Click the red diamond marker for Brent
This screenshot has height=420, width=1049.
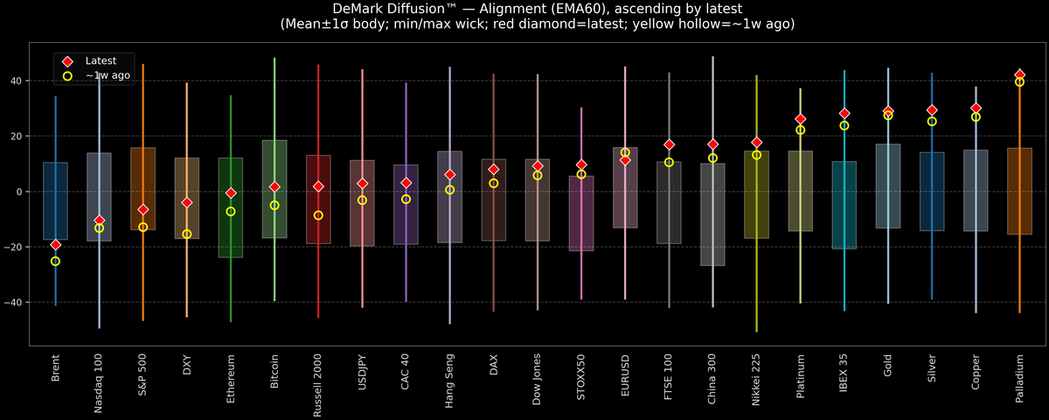[55, 245]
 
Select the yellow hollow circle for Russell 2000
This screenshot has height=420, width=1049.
[318, 215]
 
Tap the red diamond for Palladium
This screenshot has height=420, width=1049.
[1019, 74]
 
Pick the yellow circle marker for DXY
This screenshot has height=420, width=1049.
[187, 234]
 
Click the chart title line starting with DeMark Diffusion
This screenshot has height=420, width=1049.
[524, 9]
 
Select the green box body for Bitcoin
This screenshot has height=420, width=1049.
[274, 189]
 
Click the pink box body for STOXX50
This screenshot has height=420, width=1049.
[581, 213]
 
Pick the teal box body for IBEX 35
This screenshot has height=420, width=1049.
[844, 206]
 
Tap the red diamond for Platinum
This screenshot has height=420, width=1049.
[801, 119]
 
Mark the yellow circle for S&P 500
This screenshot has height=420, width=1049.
[142, 227]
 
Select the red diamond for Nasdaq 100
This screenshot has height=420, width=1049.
[99, 220]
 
